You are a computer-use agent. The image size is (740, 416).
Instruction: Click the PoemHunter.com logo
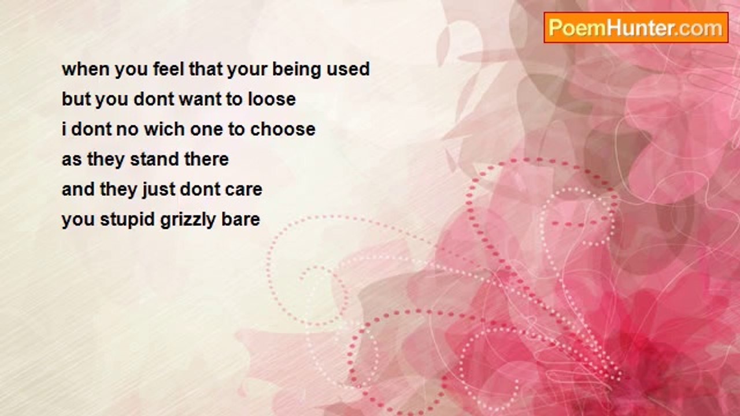tap(636, 28)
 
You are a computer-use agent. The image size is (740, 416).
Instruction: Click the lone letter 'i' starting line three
tap(64, 129)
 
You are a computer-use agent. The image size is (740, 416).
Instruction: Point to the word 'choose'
tap(283, 129)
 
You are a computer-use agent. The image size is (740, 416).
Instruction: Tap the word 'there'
tap(206, 159)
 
